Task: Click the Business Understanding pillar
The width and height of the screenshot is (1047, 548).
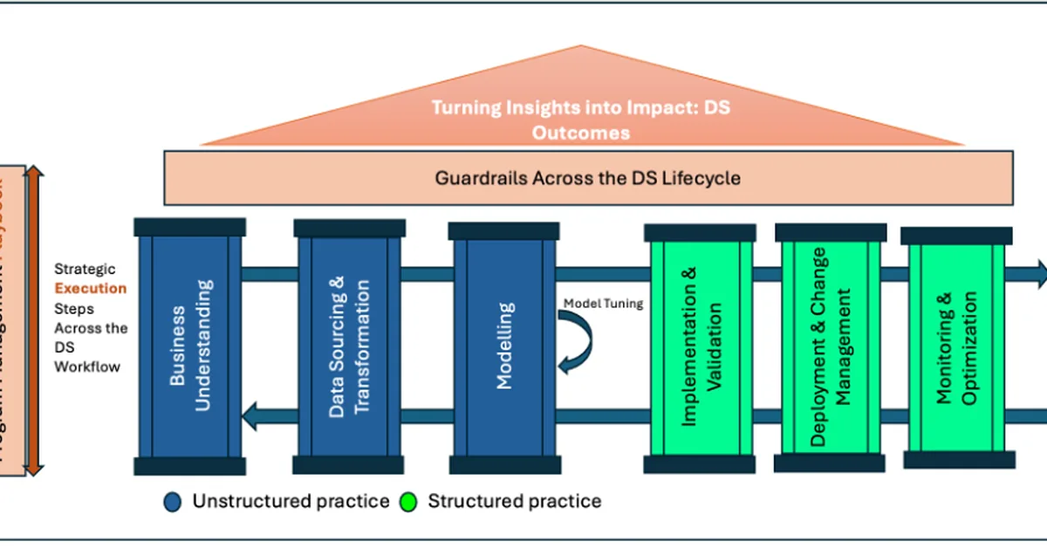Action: coord(190,345)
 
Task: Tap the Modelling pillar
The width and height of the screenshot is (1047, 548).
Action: coord(503,346)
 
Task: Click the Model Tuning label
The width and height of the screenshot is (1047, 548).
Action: coord(603,304)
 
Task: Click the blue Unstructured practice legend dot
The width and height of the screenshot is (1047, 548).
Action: coord(173,502)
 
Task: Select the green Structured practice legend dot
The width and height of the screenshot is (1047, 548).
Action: coord(407,502)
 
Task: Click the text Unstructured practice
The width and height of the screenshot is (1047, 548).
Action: coord(291,502)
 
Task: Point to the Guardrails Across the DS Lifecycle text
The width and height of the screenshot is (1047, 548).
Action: coord(587,178)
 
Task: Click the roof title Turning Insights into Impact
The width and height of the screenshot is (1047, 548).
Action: coord(582,108)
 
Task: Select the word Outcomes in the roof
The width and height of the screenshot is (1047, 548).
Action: coord(582,133)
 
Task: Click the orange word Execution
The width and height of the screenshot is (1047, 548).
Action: coord(91,289)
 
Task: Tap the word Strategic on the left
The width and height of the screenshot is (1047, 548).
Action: coord(85,270)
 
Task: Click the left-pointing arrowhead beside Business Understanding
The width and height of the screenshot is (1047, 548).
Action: coord(252,416)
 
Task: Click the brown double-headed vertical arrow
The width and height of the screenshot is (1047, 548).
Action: coord(33,320)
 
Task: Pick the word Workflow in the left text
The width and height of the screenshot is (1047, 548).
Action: coord(87,366)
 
